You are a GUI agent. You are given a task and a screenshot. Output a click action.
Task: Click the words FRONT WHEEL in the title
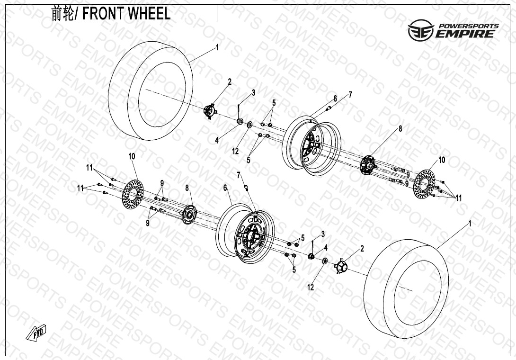click(x=126, y=14)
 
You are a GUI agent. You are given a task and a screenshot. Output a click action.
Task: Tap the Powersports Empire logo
click(x=454, y=30)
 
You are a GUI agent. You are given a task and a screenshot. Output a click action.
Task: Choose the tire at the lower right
click(x=406, y=288)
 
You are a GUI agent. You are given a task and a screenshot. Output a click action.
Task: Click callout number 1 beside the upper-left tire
click(x=217, y=47)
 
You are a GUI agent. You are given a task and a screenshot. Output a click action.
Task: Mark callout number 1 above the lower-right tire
click(x=470, y=223)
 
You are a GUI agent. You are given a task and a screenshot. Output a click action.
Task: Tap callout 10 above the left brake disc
click(x=132, y=156)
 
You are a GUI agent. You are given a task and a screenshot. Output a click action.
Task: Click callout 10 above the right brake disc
click(x=441, y=160)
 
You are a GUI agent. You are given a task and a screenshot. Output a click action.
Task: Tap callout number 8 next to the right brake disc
click(x=400, y=128)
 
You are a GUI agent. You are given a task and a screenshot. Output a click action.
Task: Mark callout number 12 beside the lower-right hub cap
click(x=311, y=288)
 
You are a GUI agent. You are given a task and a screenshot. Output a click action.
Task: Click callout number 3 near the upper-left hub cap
click(x=253, y=92)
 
